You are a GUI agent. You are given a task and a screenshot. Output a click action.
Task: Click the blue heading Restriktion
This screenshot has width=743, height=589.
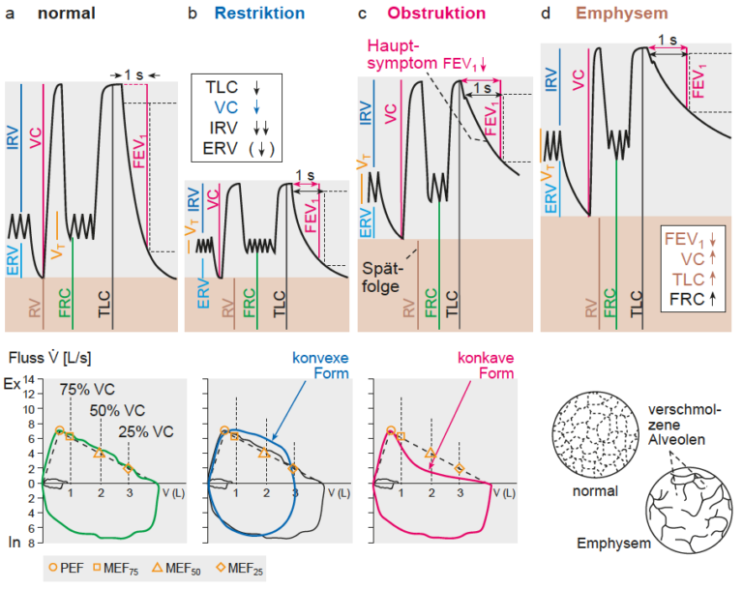259,14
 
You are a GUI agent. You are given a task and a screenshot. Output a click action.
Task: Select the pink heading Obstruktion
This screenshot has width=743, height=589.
436,14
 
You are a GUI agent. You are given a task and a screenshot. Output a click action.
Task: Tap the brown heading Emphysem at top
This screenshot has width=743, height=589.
622,14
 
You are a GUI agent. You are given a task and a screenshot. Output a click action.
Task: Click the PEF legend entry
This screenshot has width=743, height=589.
67,568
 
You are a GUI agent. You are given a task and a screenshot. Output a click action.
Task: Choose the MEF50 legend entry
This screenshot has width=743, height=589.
176,568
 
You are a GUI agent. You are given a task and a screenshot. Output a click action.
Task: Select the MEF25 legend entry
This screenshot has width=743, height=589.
239,568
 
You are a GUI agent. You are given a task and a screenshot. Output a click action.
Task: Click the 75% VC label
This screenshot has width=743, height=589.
87,390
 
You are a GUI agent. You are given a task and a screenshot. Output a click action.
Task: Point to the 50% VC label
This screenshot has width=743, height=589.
117,410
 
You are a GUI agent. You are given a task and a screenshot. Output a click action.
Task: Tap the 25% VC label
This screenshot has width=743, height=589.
146,431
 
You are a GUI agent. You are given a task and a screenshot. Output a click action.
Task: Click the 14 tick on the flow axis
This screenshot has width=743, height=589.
29,379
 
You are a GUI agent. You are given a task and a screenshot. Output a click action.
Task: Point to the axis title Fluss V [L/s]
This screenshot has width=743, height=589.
49,358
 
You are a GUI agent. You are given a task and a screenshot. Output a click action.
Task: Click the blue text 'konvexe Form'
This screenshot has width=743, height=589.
320,366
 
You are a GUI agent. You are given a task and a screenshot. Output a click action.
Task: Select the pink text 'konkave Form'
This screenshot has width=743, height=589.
486,366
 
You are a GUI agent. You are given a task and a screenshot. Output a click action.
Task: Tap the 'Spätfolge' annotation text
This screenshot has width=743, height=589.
382,278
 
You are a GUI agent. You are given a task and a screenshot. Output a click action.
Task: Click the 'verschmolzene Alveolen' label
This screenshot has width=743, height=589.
684,425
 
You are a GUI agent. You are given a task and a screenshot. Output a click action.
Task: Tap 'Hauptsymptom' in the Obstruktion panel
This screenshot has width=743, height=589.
401,54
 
